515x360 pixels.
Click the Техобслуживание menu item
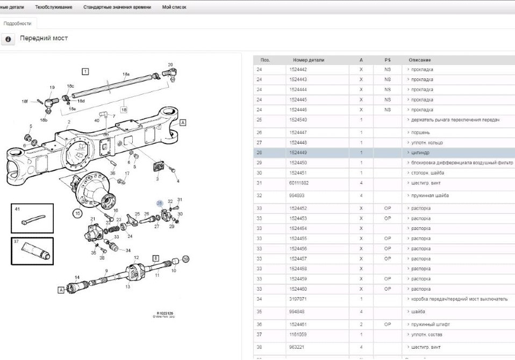pos(54,7)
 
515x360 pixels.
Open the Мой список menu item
pos(174,7)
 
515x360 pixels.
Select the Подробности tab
pos(17,24)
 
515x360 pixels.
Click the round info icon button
pos(8,40)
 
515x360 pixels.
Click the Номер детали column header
pos(309,60)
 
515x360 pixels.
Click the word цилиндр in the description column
pos(420,153)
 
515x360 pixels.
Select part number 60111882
pos(299,183)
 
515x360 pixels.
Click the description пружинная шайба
pos(430,196)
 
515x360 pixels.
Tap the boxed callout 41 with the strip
pos(32,218)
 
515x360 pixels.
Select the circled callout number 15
pos(78,213)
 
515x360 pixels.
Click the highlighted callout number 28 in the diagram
pos(159,203)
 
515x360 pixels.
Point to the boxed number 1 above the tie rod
pos(85,71)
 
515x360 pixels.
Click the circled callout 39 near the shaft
pos(186,259)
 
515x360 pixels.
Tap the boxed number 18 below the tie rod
pos(124,109)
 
